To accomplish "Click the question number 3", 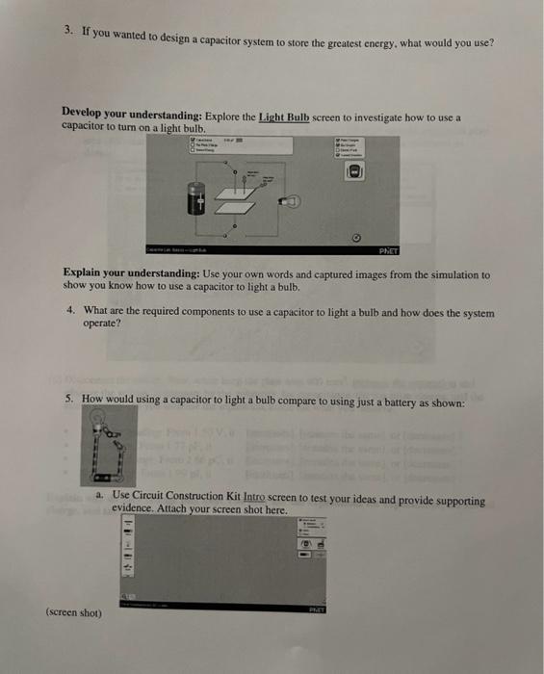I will point(68,30).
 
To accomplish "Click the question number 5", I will point(70,398).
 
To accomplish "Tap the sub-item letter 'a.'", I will point(100,496).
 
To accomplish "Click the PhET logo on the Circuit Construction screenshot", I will point(316,609).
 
